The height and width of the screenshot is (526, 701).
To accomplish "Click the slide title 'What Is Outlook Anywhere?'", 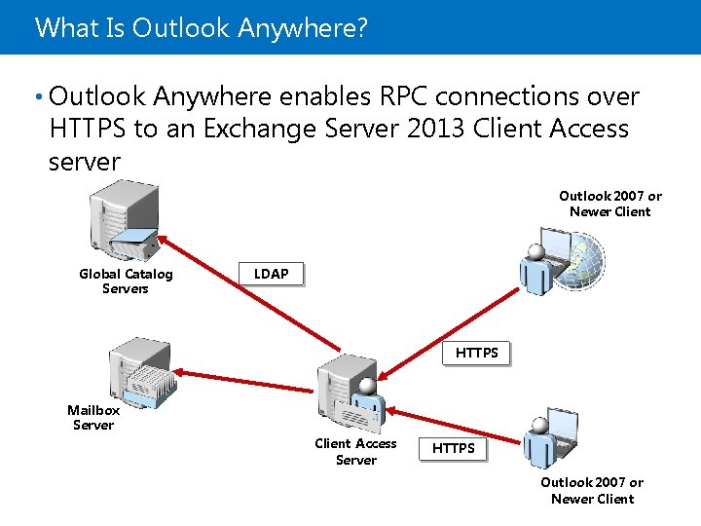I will coord(202,27).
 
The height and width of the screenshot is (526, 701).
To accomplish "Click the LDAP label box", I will coord(272,275).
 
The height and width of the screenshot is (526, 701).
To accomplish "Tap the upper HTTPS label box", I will coord(477,353).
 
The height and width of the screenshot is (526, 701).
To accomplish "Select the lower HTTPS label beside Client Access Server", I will coord(454,448).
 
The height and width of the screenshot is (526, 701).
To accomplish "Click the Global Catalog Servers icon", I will coord(123,222).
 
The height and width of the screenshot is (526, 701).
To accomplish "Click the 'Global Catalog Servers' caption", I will coord(126,282).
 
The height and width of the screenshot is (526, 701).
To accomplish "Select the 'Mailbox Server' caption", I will coord(93,418).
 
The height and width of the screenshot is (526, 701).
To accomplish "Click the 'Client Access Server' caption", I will coord(355,452).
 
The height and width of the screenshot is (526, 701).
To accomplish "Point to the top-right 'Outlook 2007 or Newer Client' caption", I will coord(610,204).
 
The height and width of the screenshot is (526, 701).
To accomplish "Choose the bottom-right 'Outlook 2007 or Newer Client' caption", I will coord(592,491).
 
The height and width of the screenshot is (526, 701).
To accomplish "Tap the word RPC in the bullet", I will coord(401,96).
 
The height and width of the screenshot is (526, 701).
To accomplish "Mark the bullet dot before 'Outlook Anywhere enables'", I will coord(37,96).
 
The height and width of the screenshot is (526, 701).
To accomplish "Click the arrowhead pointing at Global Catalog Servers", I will coord(166,239).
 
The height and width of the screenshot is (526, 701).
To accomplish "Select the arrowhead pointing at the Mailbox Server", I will coord(182,372).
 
